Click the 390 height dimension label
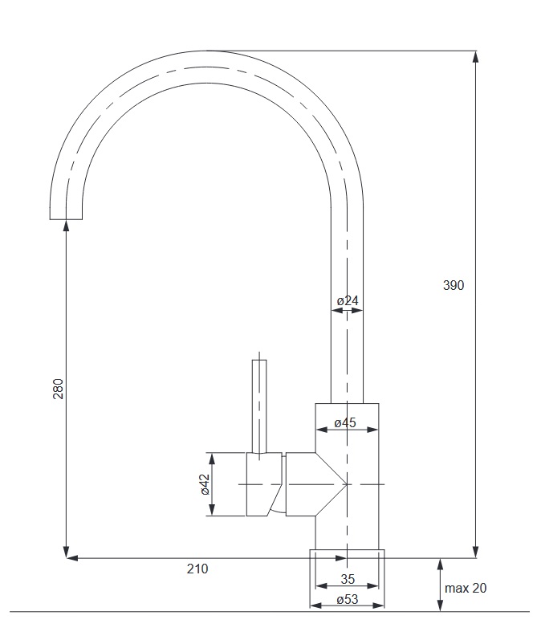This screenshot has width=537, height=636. pyautogui.click(x=453, y=286)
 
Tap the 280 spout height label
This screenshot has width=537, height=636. pyautogui.click(x=59, y=389)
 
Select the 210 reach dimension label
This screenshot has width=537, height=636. pyautogui.click(x=197, y=569)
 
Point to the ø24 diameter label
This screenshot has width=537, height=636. pyautogui.click(x=348, y=301)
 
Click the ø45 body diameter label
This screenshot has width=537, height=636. pyautogui.click(x=345, y=422)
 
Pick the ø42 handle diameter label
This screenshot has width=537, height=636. pyautogui.click(x=205, y=484)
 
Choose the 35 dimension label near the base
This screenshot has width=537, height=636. pyautogui.click(x=348, y=579)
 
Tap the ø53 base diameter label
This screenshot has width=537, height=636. pyautogui.click(x=348, y=600)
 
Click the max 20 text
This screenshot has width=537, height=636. pyautogui.click(x=466, y=588)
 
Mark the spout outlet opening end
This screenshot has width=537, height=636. pyautogui.click(x=66, y=219)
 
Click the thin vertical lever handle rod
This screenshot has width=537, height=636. pyautogui.click(x=259, y=406)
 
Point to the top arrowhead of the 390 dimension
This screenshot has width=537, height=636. pyautogui.click(x=476, y=57)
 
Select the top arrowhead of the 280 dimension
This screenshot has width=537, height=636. pyautogui.click(x=66, y=226)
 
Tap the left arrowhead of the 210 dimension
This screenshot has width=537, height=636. pyautogui.click(x=72, y=558)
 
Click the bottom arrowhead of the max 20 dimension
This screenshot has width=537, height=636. pyautogui.click(x=441, y=605)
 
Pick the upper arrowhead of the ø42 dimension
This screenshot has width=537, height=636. pyautogui.click(x=211, y=459)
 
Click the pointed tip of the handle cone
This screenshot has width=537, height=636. pyautogui.click(x=347, y=484)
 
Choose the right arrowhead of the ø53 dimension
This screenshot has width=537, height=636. pyautogui.click(x=378, y=606)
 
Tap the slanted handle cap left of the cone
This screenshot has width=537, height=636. pyautogui.click(x=264, y=484)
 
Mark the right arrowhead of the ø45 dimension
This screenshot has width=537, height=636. pyautogui.click(x=372, y=430)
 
